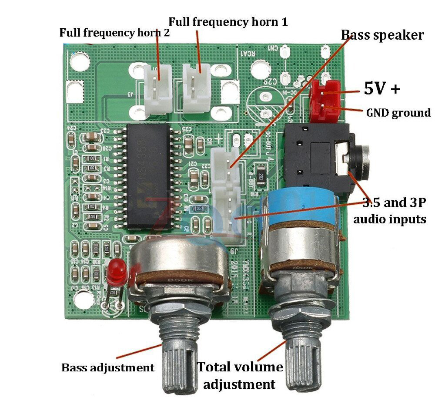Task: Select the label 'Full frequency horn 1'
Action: (x=228, y=21)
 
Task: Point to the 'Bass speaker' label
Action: (x=382, y=35)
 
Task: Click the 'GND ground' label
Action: (x=398, y=113)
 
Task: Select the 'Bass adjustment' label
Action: (x=108, y=367)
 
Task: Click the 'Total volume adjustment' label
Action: (x=240, y=375)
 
